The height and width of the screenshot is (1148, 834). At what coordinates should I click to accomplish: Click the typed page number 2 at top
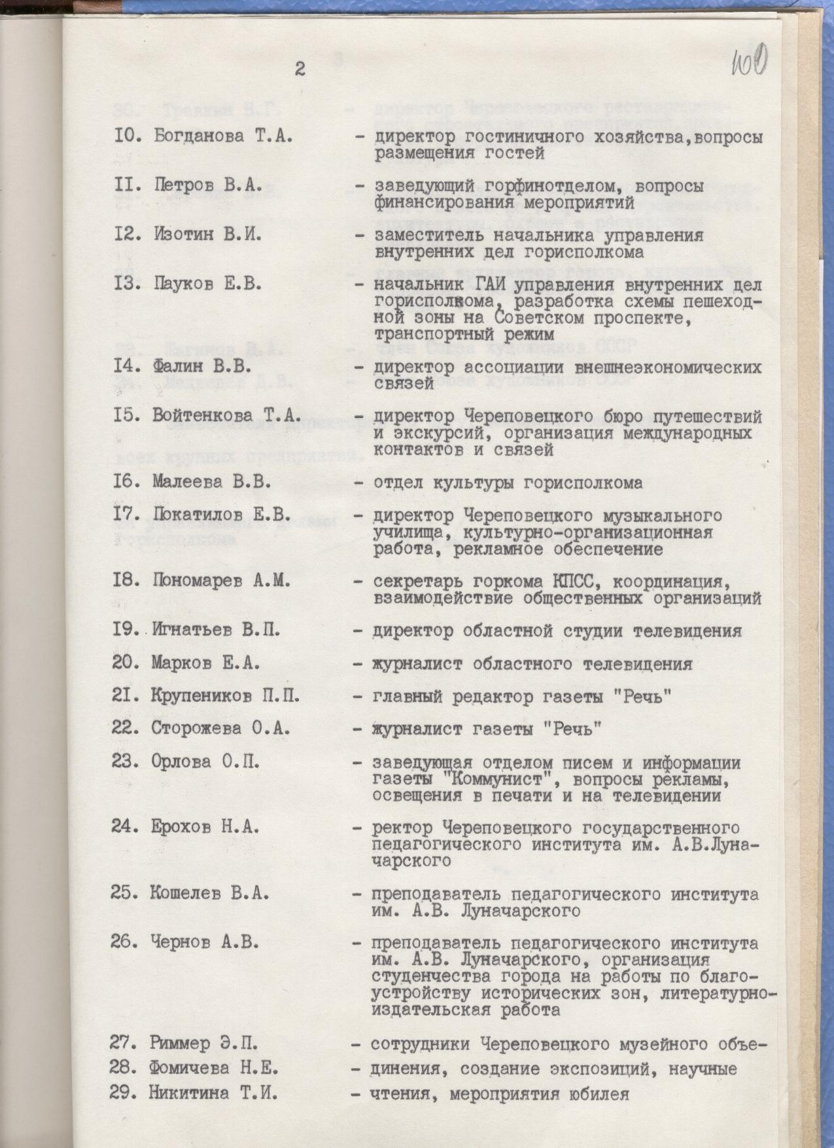(300, 69)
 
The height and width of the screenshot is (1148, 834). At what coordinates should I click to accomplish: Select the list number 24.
(124, 827)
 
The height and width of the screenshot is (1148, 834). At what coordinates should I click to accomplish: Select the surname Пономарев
(197, 581)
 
